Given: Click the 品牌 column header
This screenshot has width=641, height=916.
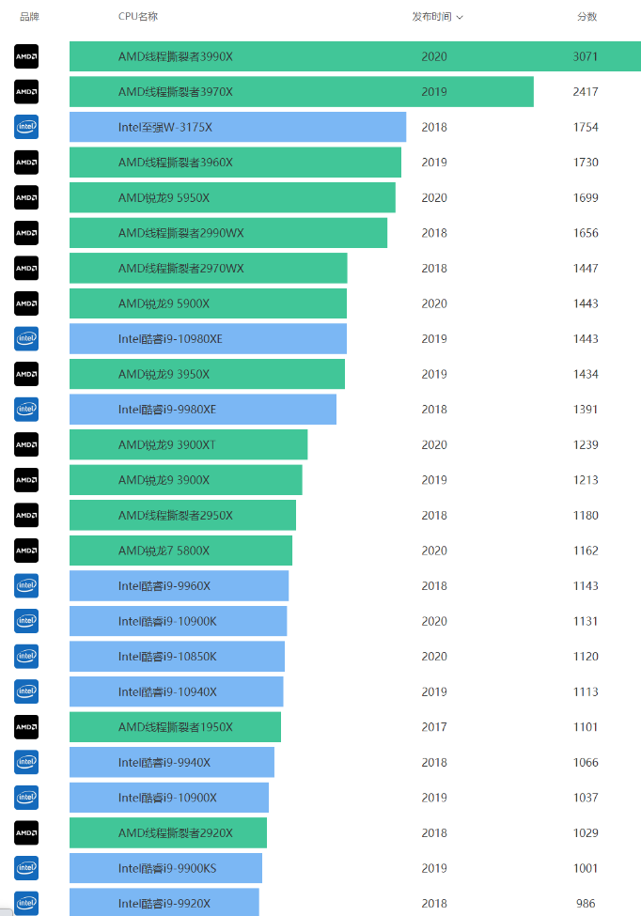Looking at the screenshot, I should click(29, 17).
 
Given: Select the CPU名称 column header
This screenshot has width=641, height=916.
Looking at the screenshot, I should click(138, 17).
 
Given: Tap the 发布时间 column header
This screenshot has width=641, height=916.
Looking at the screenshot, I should click(431, 17).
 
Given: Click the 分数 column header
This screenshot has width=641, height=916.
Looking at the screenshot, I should click(586, 17).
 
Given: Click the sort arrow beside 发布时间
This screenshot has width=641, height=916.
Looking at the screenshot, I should click(460, 17).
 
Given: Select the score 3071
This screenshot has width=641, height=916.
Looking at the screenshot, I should click(586, 56).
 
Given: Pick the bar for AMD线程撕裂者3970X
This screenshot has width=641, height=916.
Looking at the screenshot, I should click(301, 92).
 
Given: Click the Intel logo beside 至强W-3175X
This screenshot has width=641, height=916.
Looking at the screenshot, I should click(26, 127).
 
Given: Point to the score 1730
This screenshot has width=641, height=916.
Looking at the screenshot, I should click(586, 163).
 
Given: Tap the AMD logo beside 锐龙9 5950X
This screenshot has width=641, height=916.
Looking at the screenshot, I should click(26, 197).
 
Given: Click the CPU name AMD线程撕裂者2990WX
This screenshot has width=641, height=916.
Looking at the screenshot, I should click(181, 233).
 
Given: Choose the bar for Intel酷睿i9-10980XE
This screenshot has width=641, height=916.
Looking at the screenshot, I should click(208, 339).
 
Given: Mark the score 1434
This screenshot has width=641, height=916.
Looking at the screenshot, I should click(586, 374).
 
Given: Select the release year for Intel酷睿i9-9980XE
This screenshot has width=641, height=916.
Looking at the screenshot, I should click(434, 410).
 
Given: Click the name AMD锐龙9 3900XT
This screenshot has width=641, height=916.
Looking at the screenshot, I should click(167, 444).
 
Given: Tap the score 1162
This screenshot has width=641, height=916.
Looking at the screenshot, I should click(586, 551).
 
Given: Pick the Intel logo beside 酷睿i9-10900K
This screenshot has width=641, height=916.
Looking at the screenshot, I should click(26, 621).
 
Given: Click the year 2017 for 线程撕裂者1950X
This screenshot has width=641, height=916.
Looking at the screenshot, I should click(434, 727).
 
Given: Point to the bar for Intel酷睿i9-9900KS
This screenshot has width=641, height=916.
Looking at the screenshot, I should click(165, 868).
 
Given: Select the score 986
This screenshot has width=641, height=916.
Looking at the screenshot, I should click(586, 904).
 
